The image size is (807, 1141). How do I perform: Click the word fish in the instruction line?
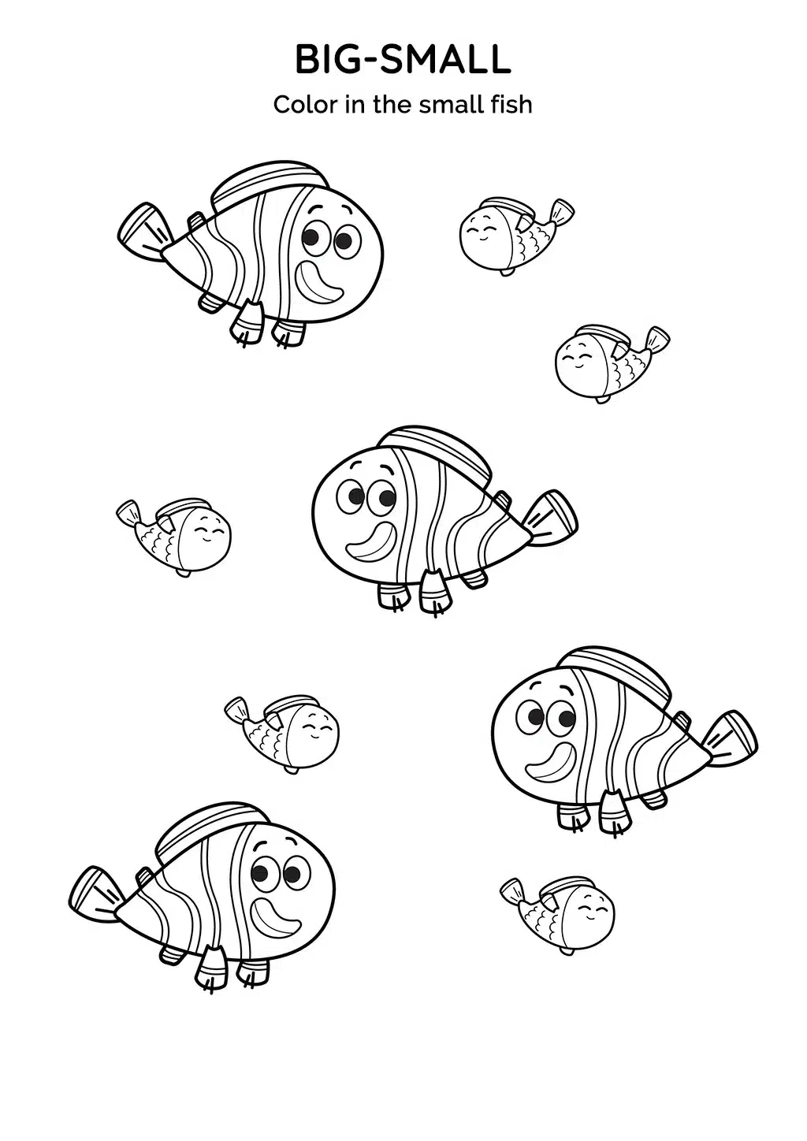point(510,105)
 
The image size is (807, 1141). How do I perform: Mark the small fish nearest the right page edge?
point(612,364)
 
